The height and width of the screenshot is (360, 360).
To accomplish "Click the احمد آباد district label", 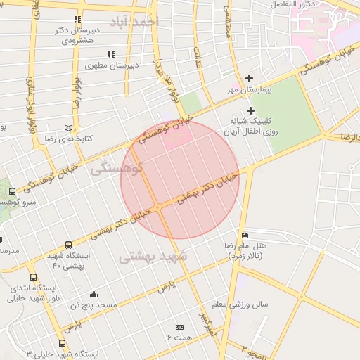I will point(139,21).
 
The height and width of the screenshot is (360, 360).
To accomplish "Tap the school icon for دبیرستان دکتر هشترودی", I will point(77,20).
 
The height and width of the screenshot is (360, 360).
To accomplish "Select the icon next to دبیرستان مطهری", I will point(110,54).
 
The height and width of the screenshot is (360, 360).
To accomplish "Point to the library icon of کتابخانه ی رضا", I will point(68,129).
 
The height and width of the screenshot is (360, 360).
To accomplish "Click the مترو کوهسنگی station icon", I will point(12,191).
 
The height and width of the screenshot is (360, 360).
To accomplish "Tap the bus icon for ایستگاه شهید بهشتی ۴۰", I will point(67,245).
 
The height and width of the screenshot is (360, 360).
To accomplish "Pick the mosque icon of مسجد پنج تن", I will point(94,294).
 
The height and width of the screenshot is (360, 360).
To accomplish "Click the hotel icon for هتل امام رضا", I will point(245,235).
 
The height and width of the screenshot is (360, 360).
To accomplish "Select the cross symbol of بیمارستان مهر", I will point(249,78).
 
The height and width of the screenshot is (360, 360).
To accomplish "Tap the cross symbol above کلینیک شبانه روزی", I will point(250,110).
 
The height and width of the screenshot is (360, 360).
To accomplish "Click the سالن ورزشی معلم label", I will point(250,304).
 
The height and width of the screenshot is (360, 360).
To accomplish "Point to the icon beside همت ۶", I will point(179,327).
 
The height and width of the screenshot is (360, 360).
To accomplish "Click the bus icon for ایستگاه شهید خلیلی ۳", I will point(63,344).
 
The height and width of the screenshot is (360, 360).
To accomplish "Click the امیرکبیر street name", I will point(205,323).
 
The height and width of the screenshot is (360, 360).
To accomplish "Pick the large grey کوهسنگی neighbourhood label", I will point(117,169).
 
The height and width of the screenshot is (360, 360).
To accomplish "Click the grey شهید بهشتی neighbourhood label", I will point(153,257).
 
